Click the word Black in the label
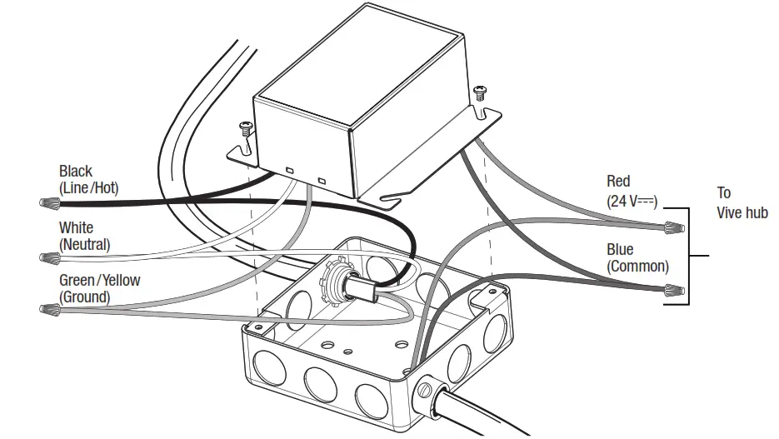click(76, 172)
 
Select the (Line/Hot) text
click(88, 189)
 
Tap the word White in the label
click(76, 228)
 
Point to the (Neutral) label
click(84, 244)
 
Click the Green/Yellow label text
click(99, 281)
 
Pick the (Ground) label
click(84, 297)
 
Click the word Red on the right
click(618, 182)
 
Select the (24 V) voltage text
click(632, 200)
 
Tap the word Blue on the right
click(620, 250)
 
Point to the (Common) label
click(637, 267)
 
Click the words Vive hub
click(742, 213)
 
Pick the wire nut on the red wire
click(674, 226)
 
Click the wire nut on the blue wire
click(675, 292)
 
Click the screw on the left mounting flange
click(246, 129)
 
